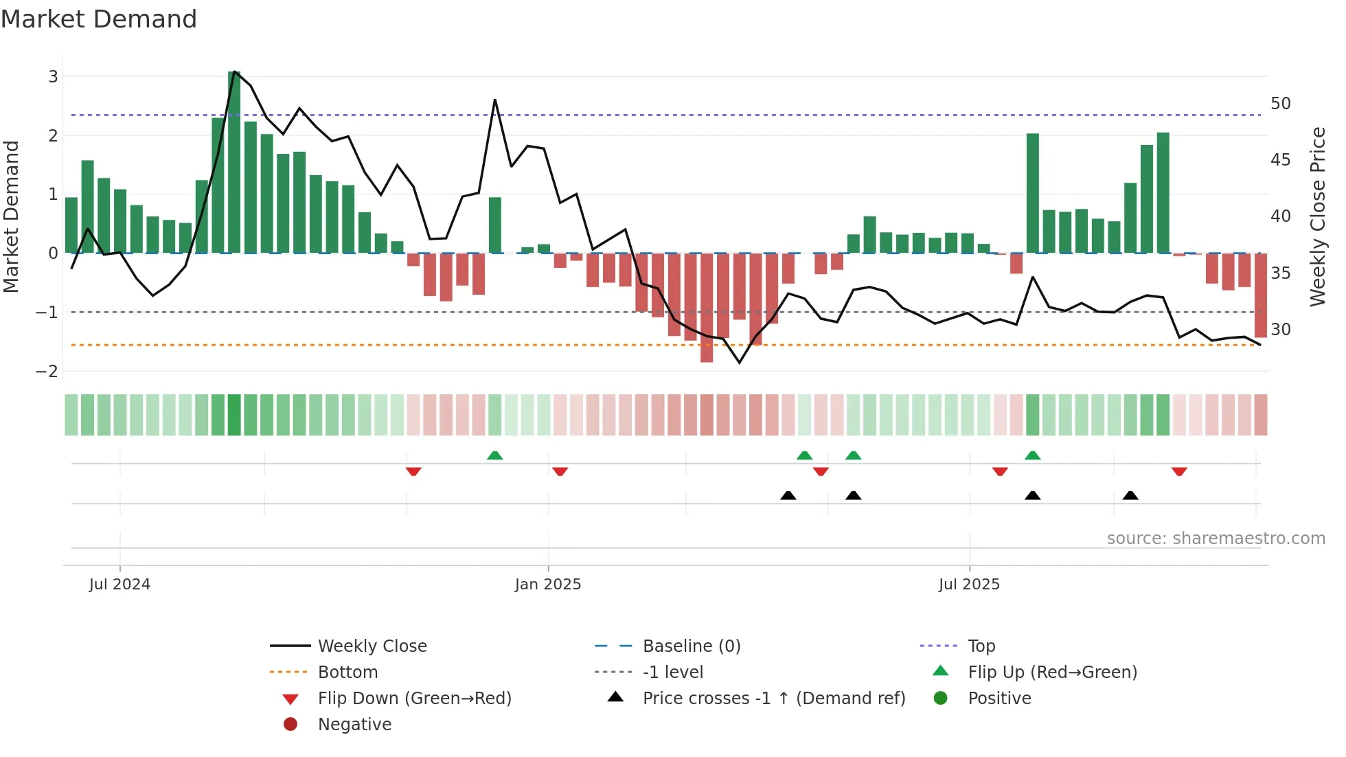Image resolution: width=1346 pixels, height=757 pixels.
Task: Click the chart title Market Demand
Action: [99, 19]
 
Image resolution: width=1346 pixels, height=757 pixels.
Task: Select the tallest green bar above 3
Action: [234, 162]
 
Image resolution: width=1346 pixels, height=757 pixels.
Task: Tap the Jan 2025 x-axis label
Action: [548, 585]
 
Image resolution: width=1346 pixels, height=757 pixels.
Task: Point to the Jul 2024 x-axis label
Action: [119, 585]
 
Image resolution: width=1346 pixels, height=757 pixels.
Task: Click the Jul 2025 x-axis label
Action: [969, 585]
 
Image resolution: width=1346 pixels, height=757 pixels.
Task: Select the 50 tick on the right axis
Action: [1281, 104]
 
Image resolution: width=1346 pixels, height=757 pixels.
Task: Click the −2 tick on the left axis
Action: [47, 372]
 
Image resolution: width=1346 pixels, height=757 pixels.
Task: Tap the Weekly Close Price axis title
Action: [1317, 216]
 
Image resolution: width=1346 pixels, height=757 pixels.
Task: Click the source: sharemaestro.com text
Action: [1216, 539]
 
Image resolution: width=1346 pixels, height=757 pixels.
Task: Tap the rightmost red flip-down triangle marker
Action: [1179, 472]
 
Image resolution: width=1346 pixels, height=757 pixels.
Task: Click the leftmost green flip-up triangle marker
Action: [494, 455]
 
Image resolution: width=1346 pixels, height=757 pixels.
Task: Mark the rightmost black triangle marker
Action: [1130, 495]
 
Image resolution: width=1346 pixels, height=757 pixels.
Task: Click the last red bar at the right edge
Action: [1261, 295]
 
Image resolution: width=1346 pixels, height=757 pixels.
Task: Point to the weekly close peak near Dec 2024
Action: [495, 100]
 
